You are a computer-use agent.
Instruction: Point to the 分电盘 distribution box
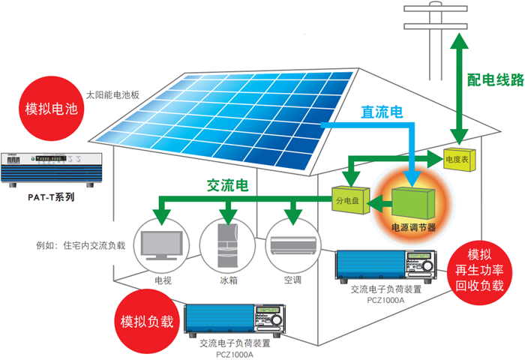pyautogui.click(x=347, y=199)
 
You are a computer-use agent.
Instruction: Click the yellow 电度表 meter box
pyautogui.click(x=457, y=159)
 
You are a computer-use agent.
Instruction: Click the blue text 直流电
pyautogui.click(x=382, y=112)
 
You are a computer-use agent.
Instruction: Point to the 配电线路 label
pyautogui.click(x=494, y=79)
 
